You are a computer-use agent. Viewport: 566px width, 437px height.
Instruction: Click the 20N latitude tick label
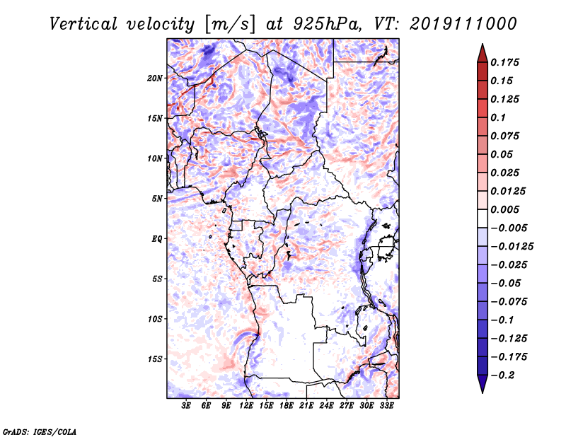point(155,78)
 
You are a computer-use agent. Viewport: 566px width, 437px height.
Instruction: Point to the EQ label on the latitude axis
point(156,239)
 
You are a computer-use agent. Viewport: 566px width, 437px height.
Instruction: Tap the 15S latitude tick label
point(155,359)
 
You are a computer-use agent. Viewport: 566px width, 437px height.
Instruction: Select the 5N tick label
point(157,199)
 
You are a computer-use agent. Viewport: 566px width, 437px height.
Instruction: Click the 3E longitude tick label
point(187,407)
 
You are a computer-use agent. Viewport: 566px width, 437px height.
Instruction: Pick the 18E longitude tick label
point(287,407)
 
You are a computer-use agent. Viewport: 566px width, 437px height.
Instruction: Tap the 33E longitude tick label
point(386,407)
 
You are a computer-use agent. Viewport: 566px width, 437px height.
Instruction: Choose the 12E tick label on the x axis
point(247,407)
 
